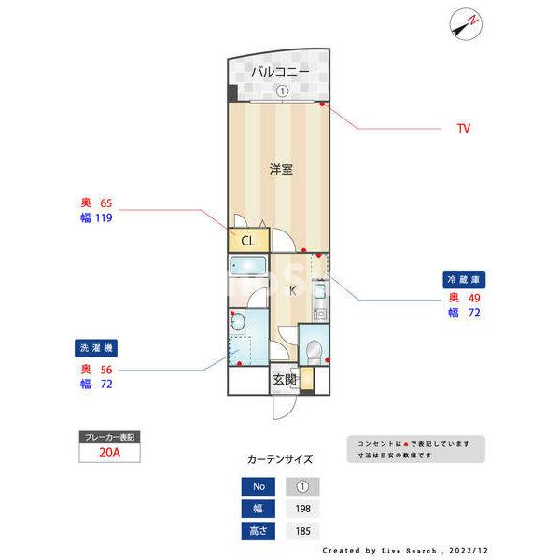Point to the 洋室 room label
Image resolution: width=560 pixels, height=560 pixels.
pos(281,170)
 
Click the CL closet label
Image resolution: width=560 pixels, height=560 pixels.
pos(247,241)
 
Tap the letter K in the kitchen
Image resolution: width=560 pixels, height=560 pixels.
pos(292,290)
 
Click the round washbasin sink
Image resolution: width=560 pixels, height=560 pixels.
pos(237,323)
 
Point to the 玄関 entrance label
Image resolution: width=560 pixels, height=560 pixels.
pos(285,380)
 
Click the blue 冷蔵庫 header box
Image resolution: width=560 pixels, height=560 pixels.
pos(465,279)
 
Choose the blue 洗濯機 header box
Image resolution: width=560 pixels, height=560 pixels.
pos(97,349)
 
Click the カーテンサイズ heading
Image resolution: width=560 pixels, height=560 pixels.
pos(280,459)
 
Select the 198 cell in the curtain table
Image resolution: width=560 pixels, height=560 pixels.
pos(301,509)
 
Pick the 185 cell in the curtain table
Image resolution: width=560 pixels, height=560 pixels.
pos(301,531)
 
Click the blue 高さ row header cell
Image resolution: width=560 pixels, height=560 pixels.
pos(258,531)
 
